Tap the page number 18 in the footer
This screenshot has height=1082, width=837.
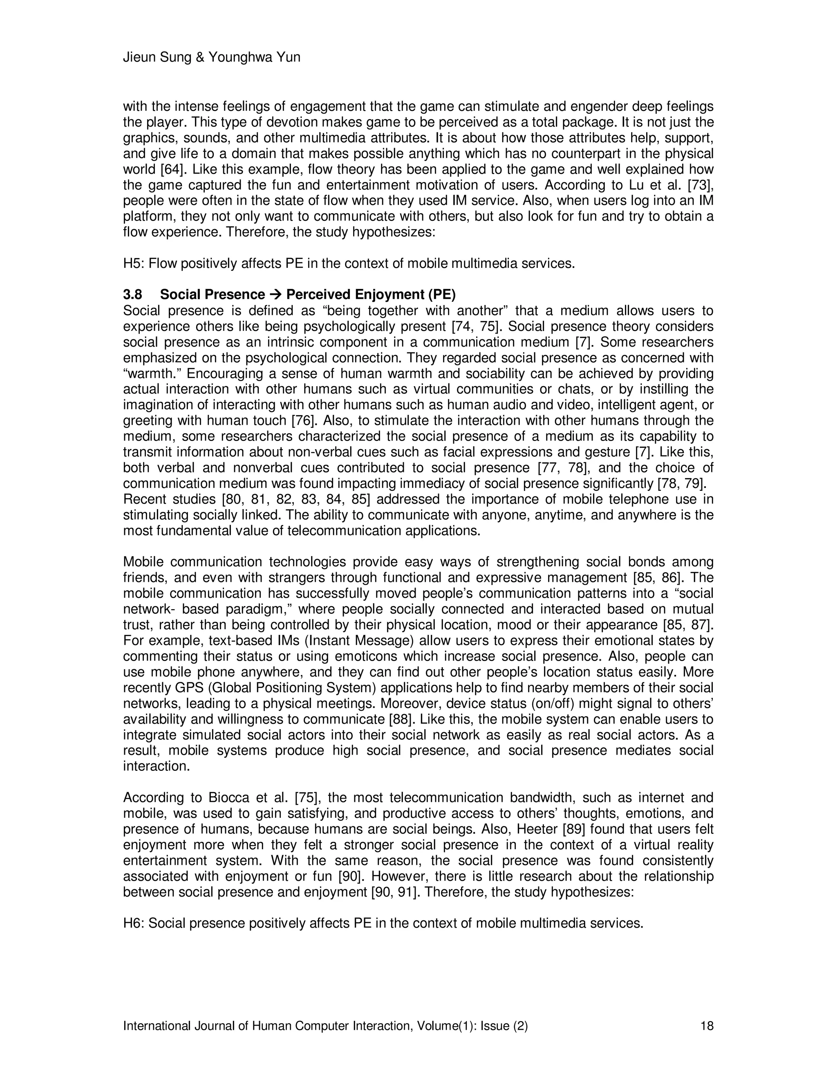(707, 1026)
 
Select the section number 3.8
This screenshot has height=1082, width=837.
(132, 295)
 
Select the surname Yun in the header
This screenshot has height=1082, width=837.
(289, 58)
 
